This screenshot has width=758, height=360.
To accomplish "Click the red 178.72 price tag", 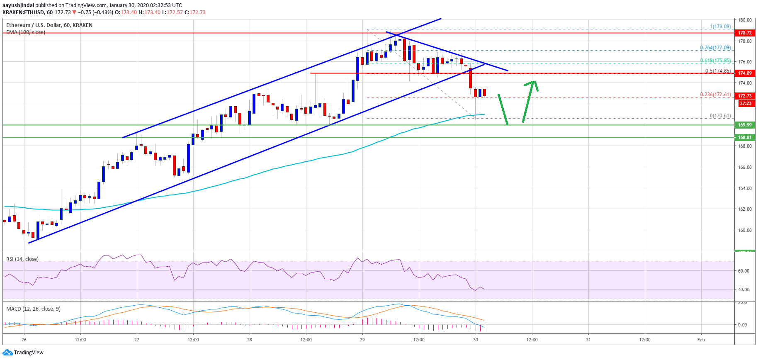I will tap(745, 33).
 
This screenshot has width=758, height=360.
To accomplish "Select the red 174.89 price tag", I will tap(745, 73).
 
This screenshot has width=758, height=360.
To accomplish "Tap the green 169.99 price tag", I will tap(745, 125).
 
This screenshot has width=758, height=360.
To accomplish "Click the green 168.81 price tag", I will tap(745, 137).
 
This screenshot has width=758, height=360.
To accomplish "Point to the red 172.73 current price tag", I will tap(745, 96).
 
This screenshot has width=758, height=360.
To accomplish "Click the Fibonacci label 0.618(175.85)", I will tap(715, 61).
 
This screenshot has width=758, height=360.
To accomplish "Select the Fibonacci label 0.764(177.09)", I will tap(715, 48).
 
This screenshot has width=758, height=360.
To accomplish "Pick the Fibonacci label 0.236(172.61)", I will tap(715, 95).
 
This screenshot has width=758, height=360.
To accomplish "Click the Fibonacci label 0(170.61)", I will tap(720, 116).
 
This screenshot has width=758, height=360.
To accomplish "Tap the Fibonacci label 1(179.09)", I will tap(720, 27).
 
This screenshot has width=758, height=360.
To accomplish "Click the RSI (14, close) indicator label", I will tap(22, 259).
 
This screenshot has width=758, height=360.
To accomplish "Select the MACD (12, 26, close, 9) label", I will tap(33, 309).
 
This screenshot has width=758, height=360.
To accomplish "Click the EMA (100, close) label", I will tap(26, 32).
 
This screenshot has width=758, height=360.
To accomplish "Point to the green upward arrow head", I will tap(534, 83).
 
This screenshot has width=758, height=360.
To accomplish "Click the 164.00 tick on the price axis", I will tap(745, 188).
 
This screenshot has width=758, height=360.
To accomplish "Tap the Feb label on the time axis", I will tap(701, 340).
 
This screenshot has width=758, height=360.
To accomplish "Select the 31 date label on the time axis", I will tap(588, 340).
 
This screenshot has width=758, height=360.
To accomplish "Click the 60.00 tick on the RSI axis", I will tap(743, 271).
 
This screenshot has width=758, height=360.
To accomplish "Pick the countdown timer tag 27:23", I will tap(745, 103).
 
